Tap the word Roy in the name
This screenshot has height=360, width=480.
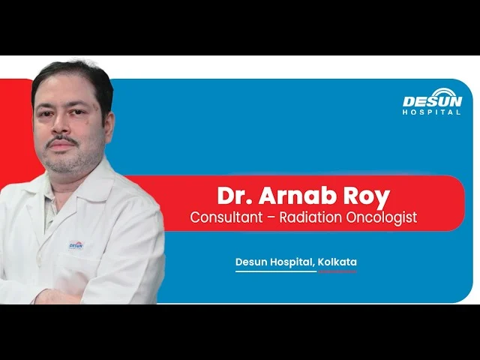367,197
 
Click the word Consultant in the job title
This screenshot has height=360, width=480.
226,217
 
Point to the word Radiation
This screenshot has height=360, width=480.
310,217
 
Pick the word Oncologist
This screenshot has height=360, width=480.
382,218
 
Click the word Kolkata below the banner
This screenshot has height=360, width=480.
337,262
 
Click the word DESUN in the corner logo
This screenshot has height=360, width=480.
432,102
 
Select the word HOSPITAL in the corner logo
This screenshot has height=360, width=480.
432,112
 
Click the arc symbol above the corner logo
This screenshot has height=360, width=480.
442,93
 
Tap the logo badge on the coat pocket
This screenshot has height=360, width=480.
76,245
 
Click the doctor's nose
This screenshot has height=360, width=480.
60,126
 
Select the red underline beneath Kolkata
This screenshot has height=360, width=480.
337,271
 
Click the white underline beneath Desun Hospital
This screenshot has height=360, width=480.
276,271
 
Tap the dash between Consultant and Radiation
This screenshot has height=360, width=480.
271,218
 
